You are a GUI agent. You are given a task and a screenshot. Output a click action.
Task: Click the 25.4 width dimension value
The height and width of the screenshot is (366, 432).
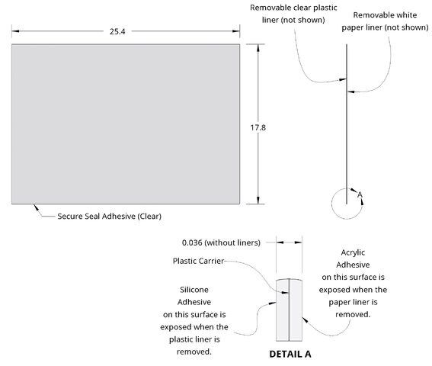[117, 31]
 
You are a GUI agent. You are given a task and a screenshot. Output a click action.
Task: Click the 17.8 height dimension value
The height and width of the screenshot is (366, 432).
[258, 127]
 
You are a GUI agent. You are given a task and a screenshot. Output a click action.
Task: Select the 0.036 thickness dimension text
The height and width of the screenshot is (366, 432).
[221, 242]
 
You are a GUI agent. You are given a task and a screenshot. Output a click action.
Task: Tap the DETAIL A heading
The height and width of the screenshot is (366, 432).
[290, 354]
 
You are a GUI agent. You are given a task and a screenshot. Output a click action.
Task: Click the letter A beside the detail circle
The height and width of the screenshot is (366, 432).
[360, 194]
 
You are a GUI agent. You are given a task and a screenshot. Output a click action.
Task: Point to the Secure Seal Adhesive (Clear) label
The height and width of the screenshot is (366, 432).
[110, 217]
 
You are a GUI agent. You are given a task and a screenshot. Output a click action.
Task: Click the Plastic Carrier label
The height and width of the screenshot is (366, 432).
[198, 261]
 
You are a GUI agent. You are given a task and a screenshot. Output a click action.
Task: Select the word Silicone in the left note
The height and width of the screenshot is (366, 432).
[194, 290]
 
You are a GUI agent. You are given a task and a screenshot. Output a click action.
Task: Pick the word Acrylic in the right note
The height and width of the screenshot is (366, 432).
[353, 252]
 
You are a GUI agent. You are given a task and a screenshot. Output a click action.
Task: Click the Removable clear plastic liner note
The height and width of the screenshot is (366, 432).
[293, 14]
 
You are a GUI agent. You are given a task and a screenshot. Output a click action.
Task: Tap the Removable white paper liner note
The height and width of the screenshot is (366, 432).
[386, 21]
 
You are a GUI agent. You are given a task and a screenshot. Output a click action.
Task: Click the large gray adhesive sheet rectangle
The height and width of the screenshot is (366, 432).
[126, 124]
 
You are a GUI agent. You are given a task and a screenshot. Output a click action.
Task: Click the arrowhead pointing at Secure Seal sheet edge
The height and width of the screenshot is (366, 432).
[36, 207]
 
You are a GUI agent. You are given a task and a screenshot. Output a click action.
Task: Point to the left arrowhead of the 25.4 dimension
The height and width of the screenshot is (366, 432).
[15, 31]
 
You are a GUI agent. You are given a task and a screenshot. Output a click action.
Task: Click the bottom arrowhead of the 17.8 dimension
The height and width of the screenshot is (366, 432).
[258, 201]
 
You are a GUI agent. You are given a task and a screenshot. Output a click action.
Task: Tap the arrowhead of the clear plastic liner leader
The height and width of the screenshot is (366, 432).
[343, 80]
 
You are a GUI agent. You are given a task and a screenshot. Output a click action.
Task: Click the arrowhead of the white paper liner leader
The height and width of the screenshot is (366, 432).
[350, 91]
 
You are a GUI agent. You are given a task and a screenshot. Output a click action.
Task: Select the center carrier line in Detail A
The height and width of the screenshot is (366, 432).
[289, 310]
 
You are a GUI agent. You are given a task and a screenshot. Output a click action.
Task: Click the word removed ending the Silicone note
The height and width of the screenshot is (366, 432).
[194, 352]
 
